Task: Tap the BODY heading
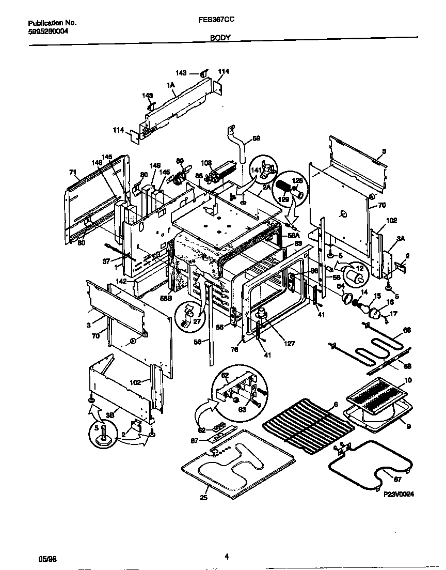(220, 38)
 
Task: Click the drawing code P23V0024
(399, 494)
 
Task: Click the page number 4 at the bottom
(227, 557)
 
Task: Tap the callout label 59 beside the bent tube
(256, 138)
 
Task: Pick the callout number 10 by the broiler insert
(408, 380)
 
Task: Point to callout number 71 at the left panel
(73, 172)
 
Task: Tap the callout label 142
(121, 281)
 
